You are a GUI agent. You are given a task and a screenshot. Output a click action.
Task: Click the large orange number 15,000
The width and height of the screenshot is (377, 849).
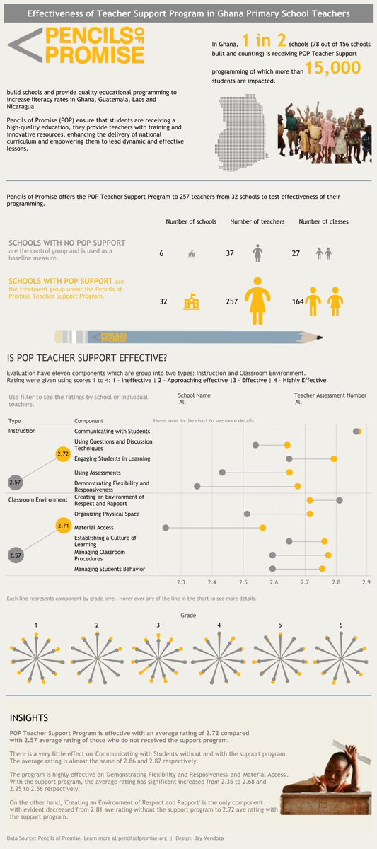(x=332, y=68)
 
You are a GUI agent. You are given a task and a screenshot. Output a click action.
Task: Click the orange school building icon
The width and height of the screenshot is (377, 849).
(x=191, y=301)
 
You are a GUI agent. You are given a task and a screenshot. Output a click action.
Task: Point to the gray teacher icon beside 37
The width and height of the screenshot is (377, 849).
(x=258, y=253)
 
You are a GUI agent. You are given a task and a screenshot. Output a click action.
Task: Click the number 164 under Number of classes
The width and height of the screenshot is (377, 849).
(x=298, y=301)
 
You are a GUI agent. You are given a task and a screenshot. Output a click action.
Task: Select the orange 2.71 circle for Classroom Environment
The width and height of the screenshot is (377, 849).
(x=62, y=526)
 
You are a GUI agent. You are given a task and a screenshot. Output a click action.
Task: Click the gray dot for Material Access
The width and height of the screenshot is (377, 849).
(x=166, y=528)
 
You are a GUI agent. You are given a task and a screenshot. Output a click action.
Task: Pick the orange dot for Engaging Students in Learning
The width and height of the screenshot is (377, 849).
(x=334, y=458)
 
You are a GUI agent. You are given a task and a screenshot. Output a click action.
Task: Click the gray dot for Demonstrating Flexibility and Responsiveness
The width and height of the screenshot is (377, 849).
(x=197, y=486)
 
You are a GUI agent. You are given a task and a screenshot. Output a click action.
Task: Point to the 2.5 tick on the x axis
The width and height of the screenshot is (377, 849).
(x=243, y=582)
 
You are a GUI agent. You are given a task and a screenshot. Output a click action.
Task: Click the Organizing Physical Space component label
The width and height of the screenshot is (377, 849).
(x=107, y=514)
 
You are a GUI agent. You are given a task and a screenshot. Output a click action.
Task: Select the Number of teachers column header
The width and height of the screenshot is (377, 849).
(x=257, y=221)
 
